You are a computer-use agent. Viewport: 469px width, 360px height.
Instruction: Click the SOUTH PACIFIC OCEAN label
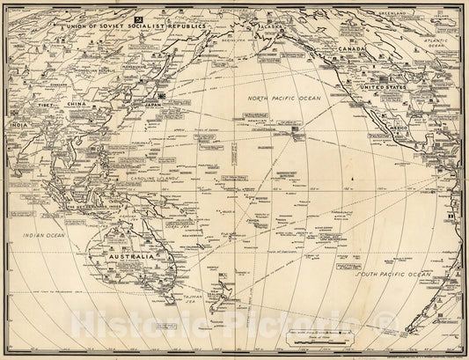click(393, 276)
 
